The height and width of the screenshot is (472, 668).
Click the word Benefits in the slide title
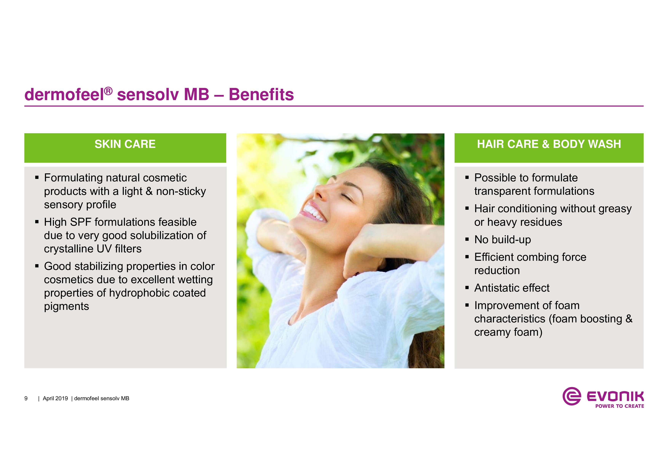261,95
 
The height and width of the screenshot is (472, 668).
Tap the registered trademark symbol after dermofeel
108,91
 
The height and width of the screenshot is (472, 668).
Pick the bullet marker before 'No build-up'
467,240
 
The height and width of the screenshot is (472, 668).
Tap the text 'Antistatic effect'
512,288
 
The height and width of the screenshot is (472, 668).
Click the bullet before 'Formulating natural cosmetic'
37,177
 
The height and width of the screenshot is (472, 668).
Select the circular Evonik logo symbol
572,396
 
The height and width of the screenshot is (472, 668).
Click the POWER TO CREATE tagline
619,406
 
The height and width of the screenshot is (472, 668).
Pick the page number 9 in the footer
26,398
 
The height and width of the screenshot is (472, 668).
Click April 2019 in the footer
55,398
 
